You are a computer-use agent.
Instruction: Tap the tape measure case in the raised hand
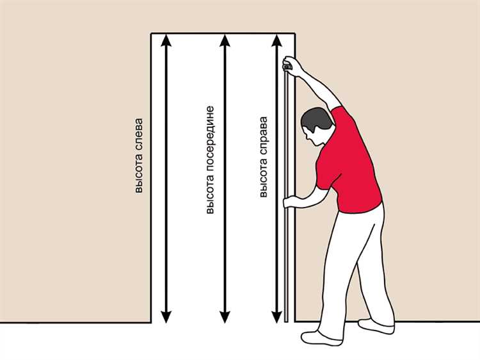[x=287, y=65]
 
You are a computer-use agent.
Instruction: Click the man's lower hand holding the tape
[x=291, y=202]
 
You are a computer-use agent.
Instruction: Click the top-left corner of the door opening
[x=151, y=33]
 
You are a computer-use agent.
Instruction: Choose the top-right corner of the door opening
[x=295, y=33]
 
